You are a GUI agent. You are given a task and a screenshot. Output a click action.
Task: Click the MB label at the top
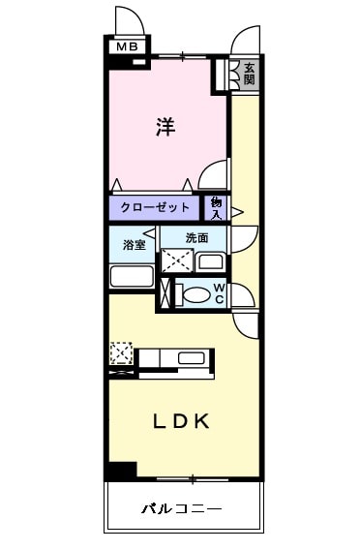(x=127, y=46)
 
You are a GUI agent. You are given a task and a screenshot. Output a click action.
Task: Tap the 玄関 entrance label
(x=250, y=74)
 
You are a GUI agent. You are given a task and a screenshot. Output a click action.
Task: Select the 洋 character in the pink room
(x=165, y=127)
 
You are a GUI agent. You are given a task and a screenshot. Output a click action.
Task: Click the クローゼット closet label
(x=155, y=207)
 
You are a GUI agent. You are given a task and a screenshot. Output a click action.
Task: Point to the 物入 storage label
(x=216, y=207)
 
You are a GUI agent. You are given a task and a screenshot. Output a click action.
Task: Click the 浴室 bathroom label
(x=134, y=244)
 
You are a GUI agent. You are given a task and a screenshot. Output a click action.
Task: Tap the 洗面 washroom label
(x=196, y=237)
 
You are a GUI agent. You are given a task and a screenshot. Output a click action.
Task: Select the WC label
(x=220, y=292)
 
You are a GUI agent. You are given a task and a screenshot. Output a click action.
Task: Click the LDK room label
(x=183, y=421)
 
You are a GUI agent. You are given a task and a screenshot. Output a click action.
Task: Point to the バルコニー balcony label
(x=183, y=506)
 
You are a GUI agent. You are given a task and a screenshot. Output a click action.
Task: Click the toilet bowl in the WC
(x=195, y=295)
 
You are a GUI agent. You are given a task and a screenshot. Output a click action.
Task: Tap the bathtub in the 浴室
(x=132, y=275)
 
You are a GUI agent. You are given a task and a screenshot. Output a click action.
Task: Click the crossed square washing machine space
(x=176, y=261)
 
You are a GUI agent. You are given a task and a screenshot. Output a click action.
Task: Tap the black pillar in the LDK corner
(x=121, y=470)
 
